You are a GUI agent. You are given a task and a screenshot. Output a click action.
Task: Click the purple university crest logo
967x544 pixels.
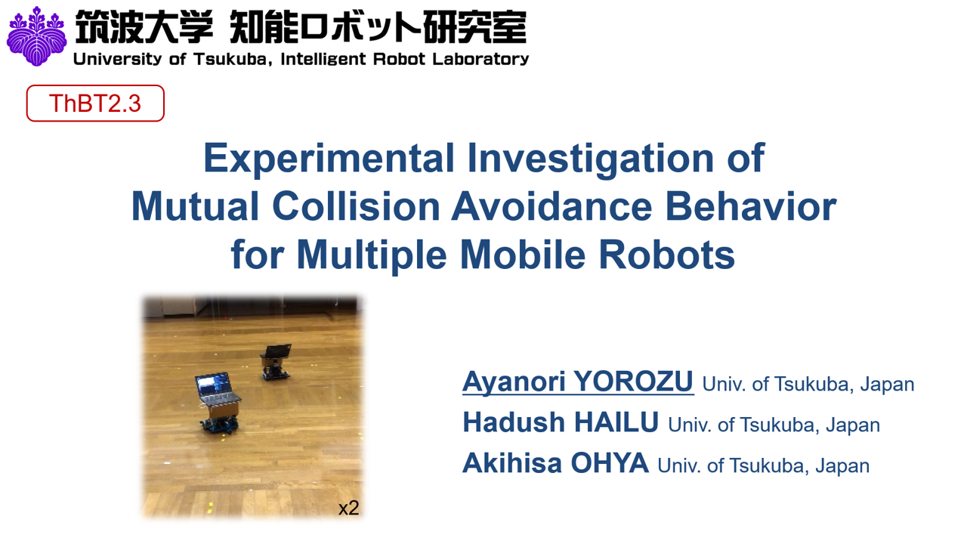click(x=37, y=36)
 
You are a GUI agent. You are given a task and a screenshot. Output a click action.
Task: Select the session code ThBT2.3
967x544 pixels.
click(x=95, y=104)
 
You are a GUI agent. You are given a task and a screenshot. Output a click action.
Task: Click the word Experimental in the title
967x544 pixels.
click(x=329, y=159)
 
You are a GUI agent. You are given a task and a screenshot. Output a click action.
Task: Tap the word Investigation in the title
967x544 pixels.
click(x=591, y=159)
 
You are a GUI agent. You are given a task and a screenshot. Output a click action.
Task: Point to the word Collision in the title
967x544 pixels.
click(x=356, y=207)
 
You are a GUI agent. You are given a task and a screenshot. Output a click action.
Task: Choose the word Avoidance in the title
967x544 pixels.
click(x=551, y=207)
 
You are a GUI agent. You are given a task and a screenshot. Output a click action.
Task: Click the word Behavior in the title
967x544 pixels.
click(x=751, y=207)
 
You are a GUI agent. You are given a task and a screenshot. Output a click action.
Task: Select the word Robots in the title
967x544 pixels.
click(x=666, y=255)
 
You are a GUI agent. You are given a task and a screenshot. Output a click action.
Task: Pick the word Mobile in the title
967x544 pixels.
click(x=523, y=255)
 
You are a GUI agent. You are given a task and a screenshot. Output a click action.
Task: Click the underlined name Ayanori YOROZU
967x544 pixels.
click(x=578, y=382)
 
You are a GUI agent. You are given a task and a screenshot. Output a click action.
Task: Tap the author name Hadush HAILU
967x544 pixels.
click(x=561, y=422)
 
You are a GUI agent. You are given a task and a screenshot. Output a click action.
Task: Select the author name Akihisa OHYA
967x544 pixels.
click(x=555, y=463)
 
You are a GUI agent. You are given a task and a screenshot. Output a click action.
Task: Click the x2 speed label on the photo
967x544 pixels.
click(x=349, y=508)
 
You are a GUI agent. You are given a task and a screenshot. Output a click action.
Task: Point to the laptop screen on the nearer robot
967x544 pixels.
click(x=212, y=384)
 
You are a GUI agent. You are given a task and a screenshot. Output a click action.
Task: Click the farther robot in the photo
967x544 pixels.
click(x=276, y=362)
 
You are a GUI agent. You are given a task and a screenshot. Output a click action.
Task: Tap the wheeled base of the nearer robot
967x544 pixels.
click(x=219, y=425)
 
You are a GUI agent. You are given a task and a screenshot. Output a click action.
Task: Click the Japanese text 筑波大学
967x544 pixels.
click(x=144, y=26)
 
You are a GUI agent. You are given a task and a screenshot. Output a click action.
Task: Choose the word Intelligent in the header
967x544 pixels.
click(x=323, y=59)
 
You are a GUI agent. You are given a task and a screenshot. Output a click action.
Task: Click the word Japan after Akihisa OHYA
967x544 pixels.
click(x=842, y=466)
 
